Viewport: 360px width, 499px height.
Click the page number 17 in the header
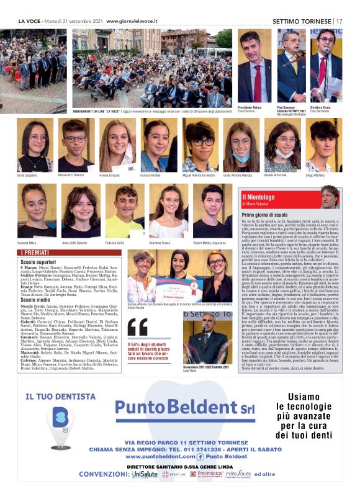coord(339,20)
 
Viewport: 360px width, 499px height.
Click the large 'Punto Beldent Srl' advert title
coord(177,407)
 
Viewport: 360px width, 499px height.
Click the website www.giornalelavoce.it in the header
coord(132,20)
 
